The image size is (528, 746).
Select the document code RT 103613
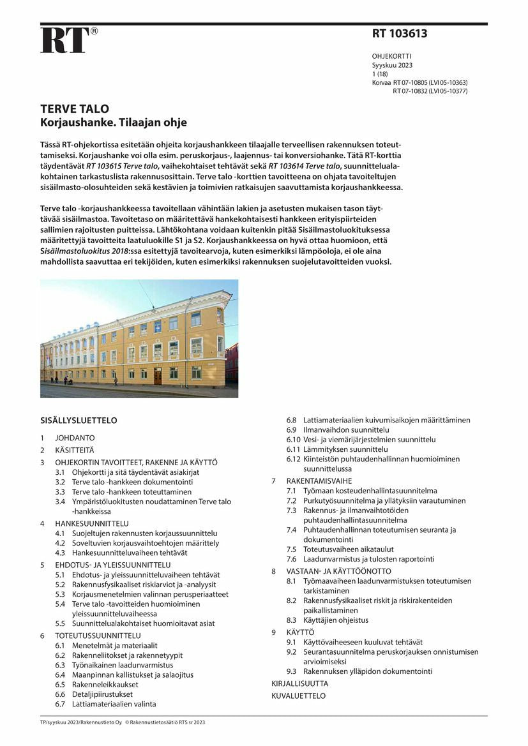pyautogui.click(x=400, y=34)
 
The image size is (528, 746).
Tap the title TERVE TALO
pyautogui.click(x=75, y=108)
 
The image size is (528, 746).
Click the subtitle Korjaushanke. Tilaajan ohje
pyautogui.click(x=114, y=123)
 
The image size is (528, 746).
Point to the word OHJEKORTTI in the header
pyautogui.click(x=392, y=56)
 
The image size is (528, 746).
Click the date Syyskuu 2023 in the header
pyautogui.click(x=392, y=65)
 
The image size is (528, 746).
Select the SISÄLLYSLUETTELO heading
pyautogui.click(x=79, y=421)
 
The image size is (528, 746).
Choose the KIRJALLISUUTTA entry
pyautogui.click(x=299, y=683)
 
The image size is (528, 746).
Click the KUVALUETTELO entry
pyautogui.click(x=298, y=696)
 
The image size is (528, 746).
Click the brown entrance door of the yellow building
pyautogui.click(x=158, y=376)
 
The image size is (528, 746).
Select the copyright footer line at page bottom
pyautogui.click(x=123, y=722)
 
